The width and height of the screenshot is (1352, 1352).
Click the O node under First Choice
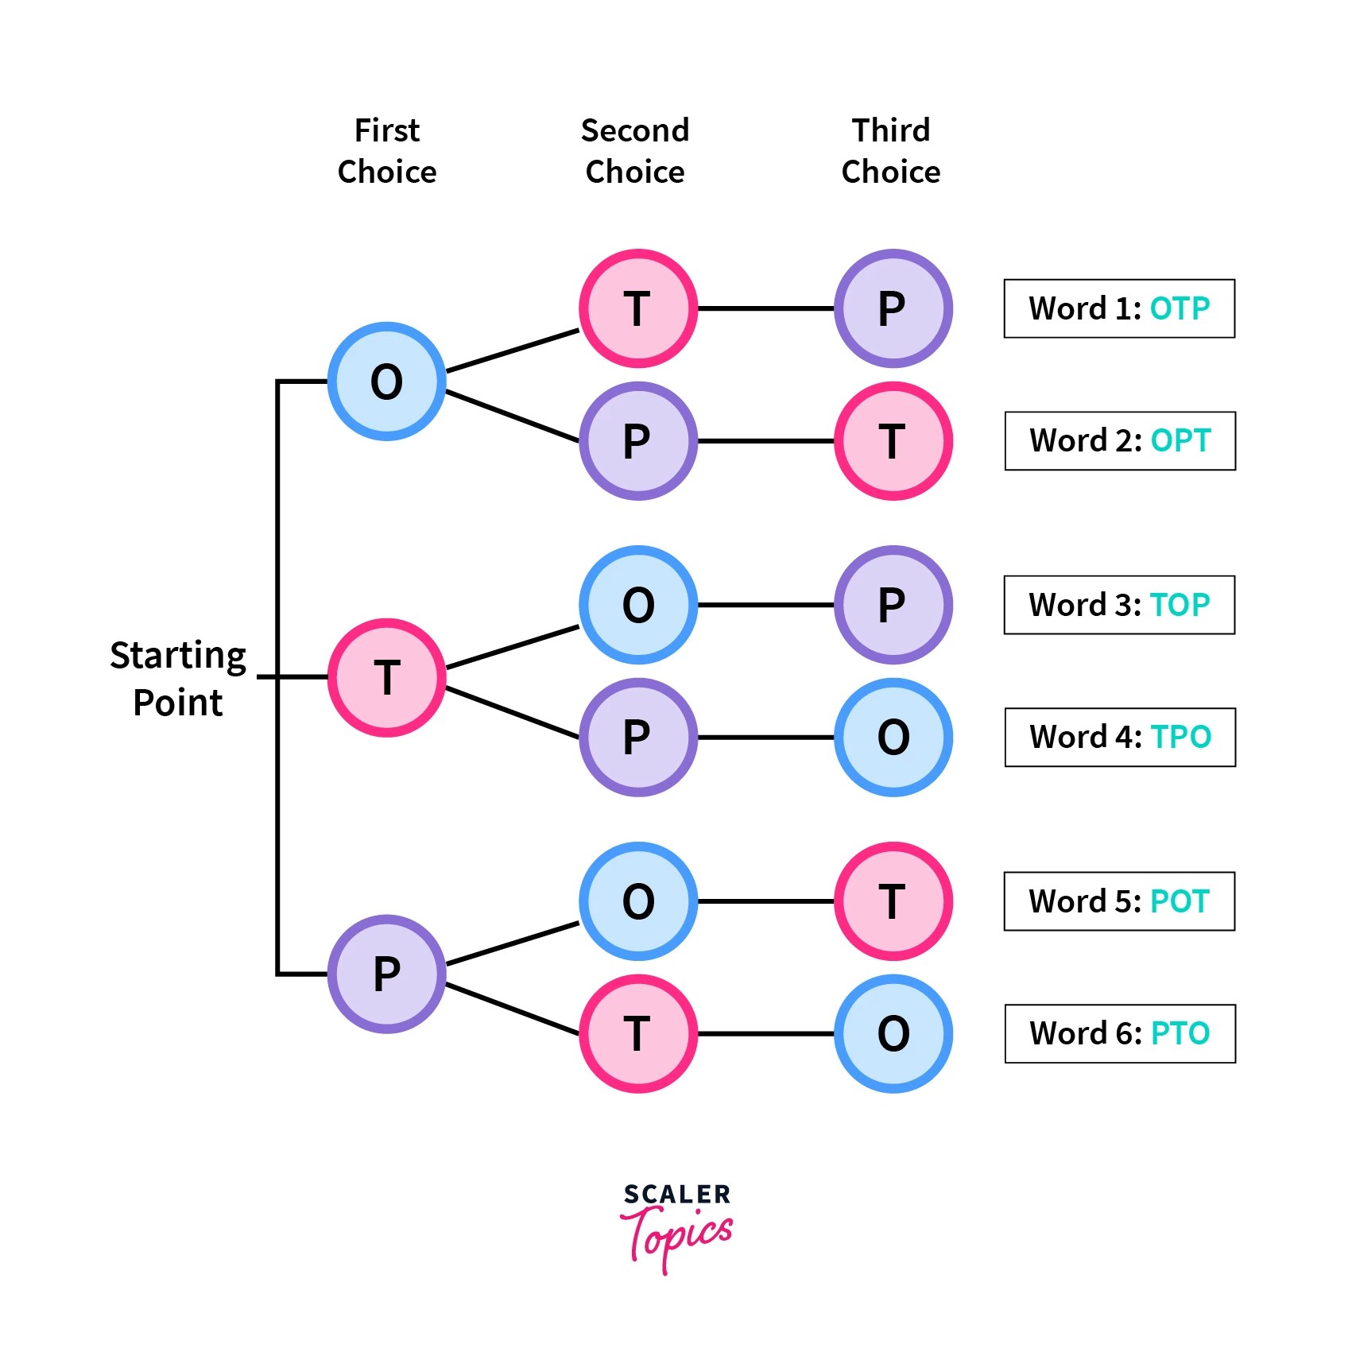pyautogui.click(x=387, y=382)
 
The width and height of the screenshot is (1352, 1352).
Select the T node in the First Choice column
pyautogui.click(x=387, y=678)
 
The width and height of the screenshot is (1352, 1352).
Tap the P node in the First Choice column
pyautogui.click(x=387, y=974)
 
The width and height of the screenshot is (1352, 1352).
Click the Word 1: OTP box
pyautogui.click(x=1119, y=308)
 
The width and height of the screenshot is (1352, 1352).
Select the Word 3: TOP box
pyautogui.click(x=1119, y=605)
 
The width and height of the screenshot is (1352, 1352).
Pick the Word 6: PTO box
pyautogui.click(x=1120, y=1034)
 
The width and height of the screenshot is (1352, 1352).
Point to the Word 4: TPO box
pyautogui.click(x=1120, y=738)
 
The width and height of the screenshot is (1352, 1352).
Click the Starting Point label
pyautogui.click(x=178, y=679)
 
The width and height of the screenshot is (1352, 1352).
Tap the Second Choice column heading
pyautogui.click(x=635, y=151)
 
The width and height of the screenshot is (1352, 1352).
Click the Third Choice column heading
pyautogui.click(x=891, y=151)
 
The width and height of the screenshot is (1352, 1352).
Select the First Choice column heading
pyautogui.click(x=387, y=151)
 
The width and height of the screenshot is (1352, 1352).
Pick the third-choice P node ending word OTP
pyautogui.click(x=893, y=308)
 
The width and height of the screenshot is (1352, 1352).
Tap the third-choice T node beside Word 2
pyautogui.click(x=893, y=441)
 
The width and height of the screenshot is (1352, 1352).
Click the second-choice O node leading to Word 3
pyautogui.click(x=638, y=605)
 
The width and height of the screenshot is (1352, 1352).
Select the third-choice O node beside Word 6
pyautogui.click(x=893, y=1034)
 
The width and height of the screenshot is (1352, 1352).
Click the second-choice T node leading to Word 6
pyautogui.click(x=638, y=1034)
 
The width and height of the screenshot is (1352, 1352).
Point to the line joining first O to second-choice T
pyautogui.click(x=513, y=351)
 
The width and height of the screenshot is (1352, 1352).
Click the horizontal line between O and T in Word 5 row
pyautogui.click(x=765, y=901)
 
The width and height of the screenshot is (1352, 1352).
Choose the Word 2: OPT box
pyautogui.click(x=1120, y=441)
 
